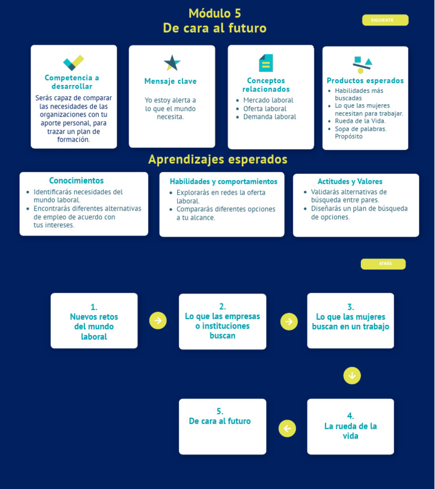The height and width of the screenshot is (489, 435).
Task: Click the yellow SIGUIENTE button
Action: pos(385,20)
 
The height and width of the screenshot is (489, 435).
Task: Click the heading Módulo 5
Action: pos(215,14)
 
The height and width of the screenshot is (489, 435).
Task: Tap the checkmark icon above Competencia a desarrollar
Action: pos(73,63)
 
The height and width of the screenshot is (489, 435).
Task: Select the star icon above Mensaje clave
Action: pos(172,63)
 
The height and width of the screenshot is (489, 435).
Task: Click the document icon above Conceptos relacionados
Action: pos(266,63)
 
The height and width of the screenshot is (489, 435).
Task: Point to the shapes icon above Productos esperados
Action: pos(362,65)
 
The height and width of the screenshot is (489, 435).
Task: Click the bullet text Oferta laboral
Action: pos(265,109)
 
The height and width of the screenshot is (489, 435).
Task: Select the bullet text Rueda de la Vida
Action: pos(360,121)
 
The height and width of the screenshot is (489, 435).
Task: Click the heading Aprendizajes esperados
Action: pos(217,160)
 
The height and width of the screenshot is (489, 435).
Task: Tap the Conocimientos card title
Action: pos(76,181)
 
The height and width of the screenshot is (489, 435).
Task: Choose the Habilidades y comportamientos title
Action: pos(223,182)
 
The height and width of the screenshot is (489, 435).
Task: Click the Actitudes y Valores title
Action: pos(349,182)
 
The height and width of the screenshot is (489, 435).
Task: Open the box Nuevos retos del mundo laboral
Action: pos(94,321)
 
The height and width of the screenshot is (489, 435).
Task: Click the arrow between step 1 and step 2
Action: pos(158,320)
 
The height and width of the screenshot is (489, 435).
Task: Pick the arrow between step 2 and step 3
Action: pos(289,321)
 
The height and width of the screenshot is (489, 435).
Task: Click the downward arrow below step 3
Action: pos(352,375)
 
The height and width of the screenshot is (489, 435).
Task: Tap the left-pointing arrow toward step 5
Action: pos(287,428)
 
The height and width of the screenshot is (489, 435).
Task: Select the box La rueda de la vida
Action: pos(351,426)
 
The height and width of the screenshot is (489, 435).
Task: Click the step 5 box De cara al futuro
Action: pos(222,426)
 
